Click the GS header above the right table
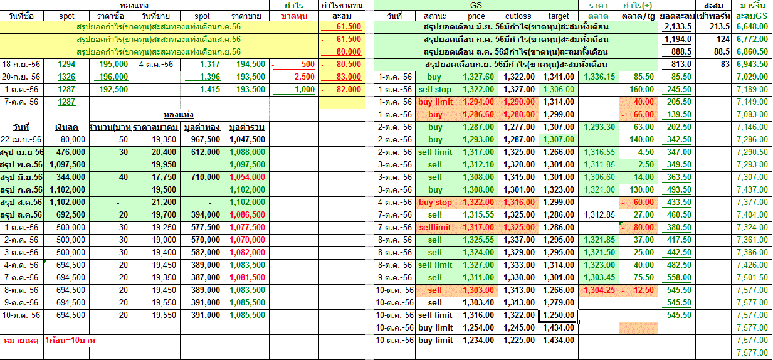coord(476,5)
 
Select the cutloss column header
coord(518,16)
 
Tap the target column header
coord(558,16)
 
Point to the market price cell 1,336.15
coord(599,77)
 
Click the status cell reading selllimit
coord(435,228)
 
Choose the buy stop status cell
coord(435,203)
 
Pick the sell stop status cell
coord(435,90)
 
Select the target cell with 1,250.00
coord(558,315)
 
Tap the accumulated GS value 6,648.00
coord(752,27)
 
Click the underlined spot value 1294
coord(66,65)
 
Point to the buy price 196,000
coord(114,77)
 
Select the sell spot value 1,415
coord(202,90)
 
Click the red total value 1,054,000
coord(247,177)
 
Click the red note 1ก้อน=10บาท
coord(70,341)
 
